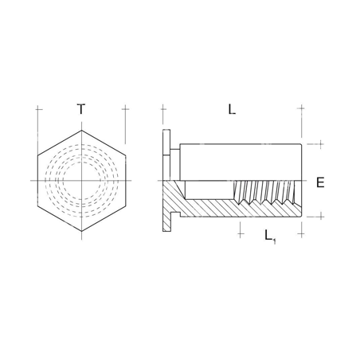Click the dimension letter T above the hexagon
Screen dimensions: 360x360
(x=81, y=110)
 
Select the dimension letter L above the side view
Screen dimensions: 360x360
(x=232, y=110)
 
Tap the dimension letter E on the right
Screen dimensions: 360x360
(x=320, y=182)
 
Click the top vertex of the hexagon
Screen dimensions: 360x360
(x=81, y=130)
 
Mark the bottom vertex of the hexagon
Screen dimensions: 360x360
(x=81, y=232)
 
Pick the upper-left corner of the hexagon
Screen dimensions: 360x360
(x=37, y=155)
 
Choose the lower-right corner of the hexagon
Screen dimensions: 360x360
(x=126, y=206)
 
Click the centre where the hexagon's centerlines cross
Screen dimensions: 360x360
(x=81, y=181)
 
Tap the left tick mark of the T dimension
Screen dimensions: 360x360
(x=37, y=110)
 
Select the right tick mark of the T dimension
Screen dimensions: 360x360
(x=126, y=110)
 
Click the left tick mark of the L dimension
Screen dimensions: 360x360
(x=162, y=110)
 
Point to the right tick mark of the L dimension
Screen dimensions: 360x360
(x=301, y=110)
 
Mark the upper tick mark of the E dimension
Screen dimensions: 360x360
(x=320, y=145)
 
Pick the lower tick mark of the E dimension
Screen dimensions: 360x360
(x=320, y=216)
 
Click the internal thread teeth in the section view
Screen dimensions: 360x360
(x=267, y=191)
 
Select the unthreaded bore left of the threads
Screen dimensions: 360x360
(x=209, y=190)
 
